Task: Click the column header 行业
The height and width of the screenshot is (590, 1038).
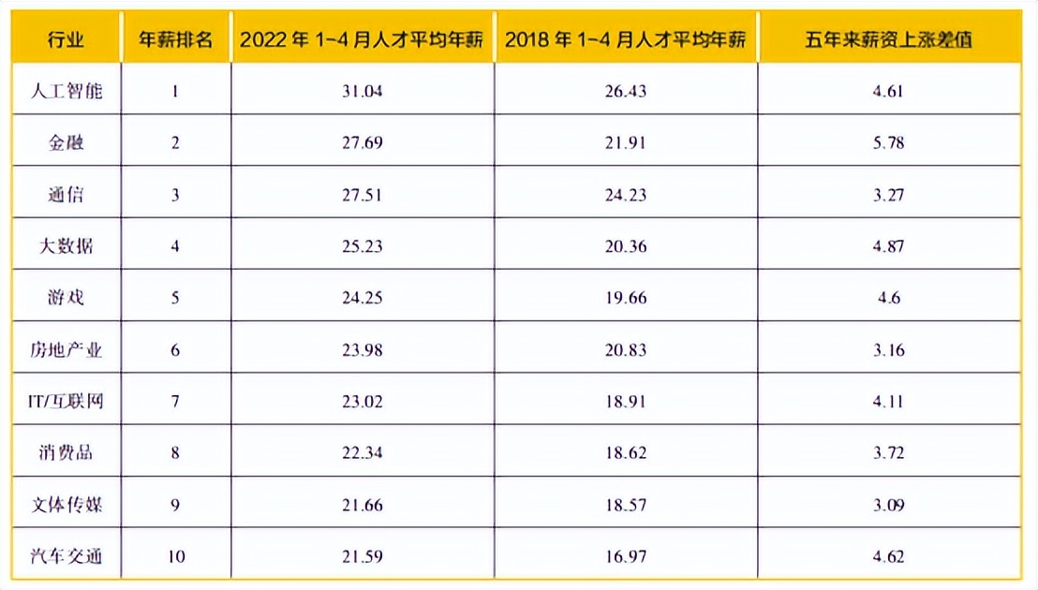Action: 66,39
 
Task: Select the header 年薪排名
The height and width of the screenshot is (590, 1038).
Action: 175,39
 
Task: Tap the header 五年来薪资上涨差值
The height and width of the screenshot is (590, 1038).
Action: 888,39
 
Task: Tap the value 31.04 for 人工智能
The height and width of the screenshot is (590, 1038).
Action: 364,92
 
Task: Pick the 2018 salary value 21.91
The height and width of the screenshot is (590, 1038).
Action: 627,143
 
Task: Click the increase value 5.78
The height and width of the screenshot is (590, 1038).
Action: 888,143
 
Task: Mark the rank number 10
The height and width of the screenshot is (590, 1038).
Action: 175,557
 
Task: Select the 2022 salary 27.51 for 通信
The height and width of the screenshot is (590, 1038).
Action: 364,196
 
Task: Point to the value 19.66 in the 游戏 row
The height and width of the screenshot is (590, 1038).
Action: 627,299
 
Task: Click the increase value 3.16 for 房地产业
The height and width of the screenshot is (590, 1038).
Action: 888,351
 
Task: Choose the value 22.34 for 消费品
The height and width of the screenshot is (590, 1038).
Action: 364,454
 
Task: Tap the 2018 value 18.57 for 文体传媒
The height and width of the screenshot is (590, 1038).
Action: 627,506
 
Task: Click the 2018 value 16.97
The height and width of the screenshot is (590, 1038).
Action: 627,557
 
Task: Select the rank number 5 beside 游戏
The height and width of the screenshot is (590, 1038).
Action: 175,299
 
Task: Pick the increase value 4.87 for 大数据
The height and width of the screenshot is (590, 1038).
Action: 888,247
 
